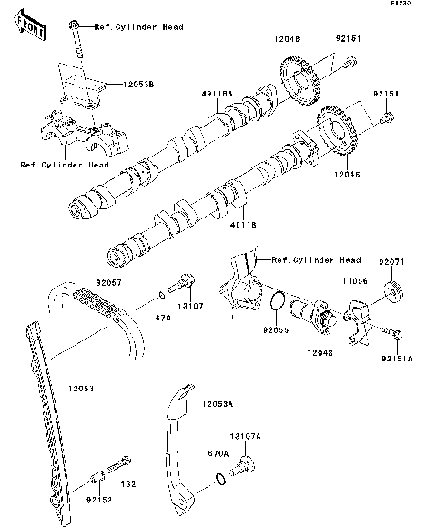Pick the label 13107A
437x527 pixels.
coord(244,436)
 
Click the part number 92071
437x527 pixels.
coord(391,262)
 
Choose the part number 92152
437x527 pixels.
coord(99,500)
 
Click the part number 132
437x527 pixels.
coord(128,485)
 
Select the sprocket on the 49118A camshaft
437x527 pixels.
coord(298,78)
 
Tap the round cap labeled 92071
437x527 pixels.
coord(394,292)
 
